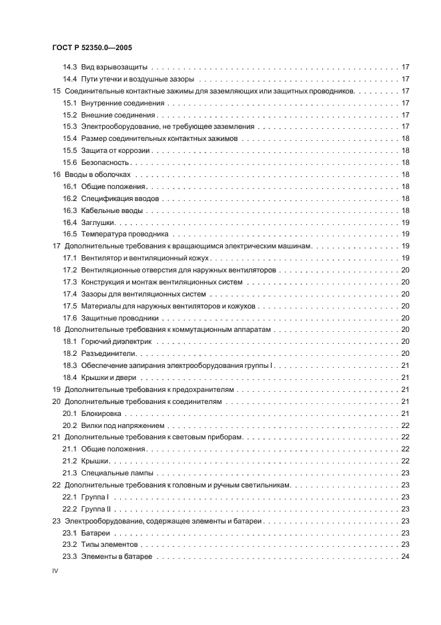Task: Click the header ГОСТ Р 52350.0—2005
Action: pos(93,48)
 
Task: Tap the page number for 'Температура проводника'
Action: pos(404,234)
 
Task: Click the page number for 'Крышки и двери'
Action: pos(404,378)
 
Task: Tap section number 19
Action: pos(57,390)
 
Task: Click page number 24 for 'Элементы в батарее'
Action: pos(404,557)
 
